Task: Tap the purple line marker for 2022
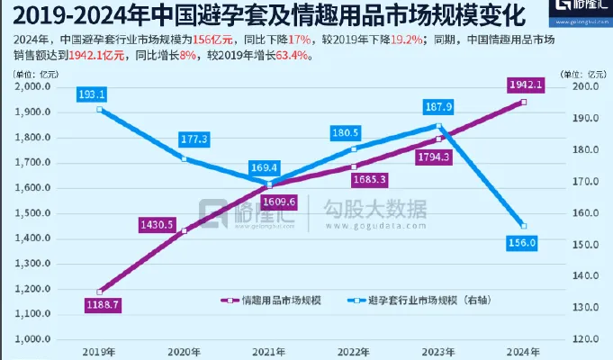[x=355, y=166]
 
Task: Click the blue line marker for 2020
[x=184, y=159]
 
